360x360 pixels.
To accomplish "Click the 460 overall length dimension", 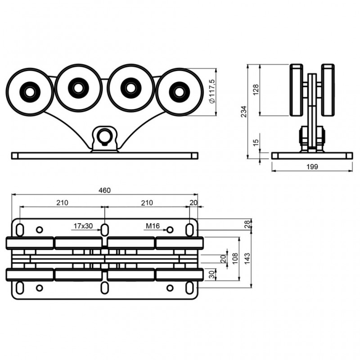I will point(104,190).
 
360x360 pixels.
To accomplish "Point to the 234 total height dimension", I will point(243,111).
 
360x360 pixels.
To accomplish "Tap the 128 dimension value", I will point(256,90).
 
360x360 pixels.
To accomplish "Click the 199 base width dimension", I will point(311,166).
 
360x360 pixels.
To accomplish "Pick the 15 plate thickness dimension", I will point(256,143).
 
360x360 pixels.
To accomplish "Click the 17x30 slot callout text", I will point(84,226).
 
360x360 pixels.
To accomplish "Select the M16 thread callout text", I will point(153,226).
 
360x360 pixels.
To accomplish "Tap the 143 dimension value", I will point(247,258).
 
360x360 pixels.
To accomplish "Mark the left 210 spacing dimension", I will point(62,203).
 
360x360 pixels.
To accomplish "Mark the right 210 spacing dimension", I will point(147,203).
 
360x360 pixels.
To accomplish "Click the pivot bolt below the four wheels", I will point(105,136).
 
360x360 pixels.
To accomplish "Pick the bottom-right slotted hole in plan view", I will point(189,288).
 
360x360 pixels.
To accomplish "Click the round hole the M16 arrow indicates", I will point(170,230).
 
